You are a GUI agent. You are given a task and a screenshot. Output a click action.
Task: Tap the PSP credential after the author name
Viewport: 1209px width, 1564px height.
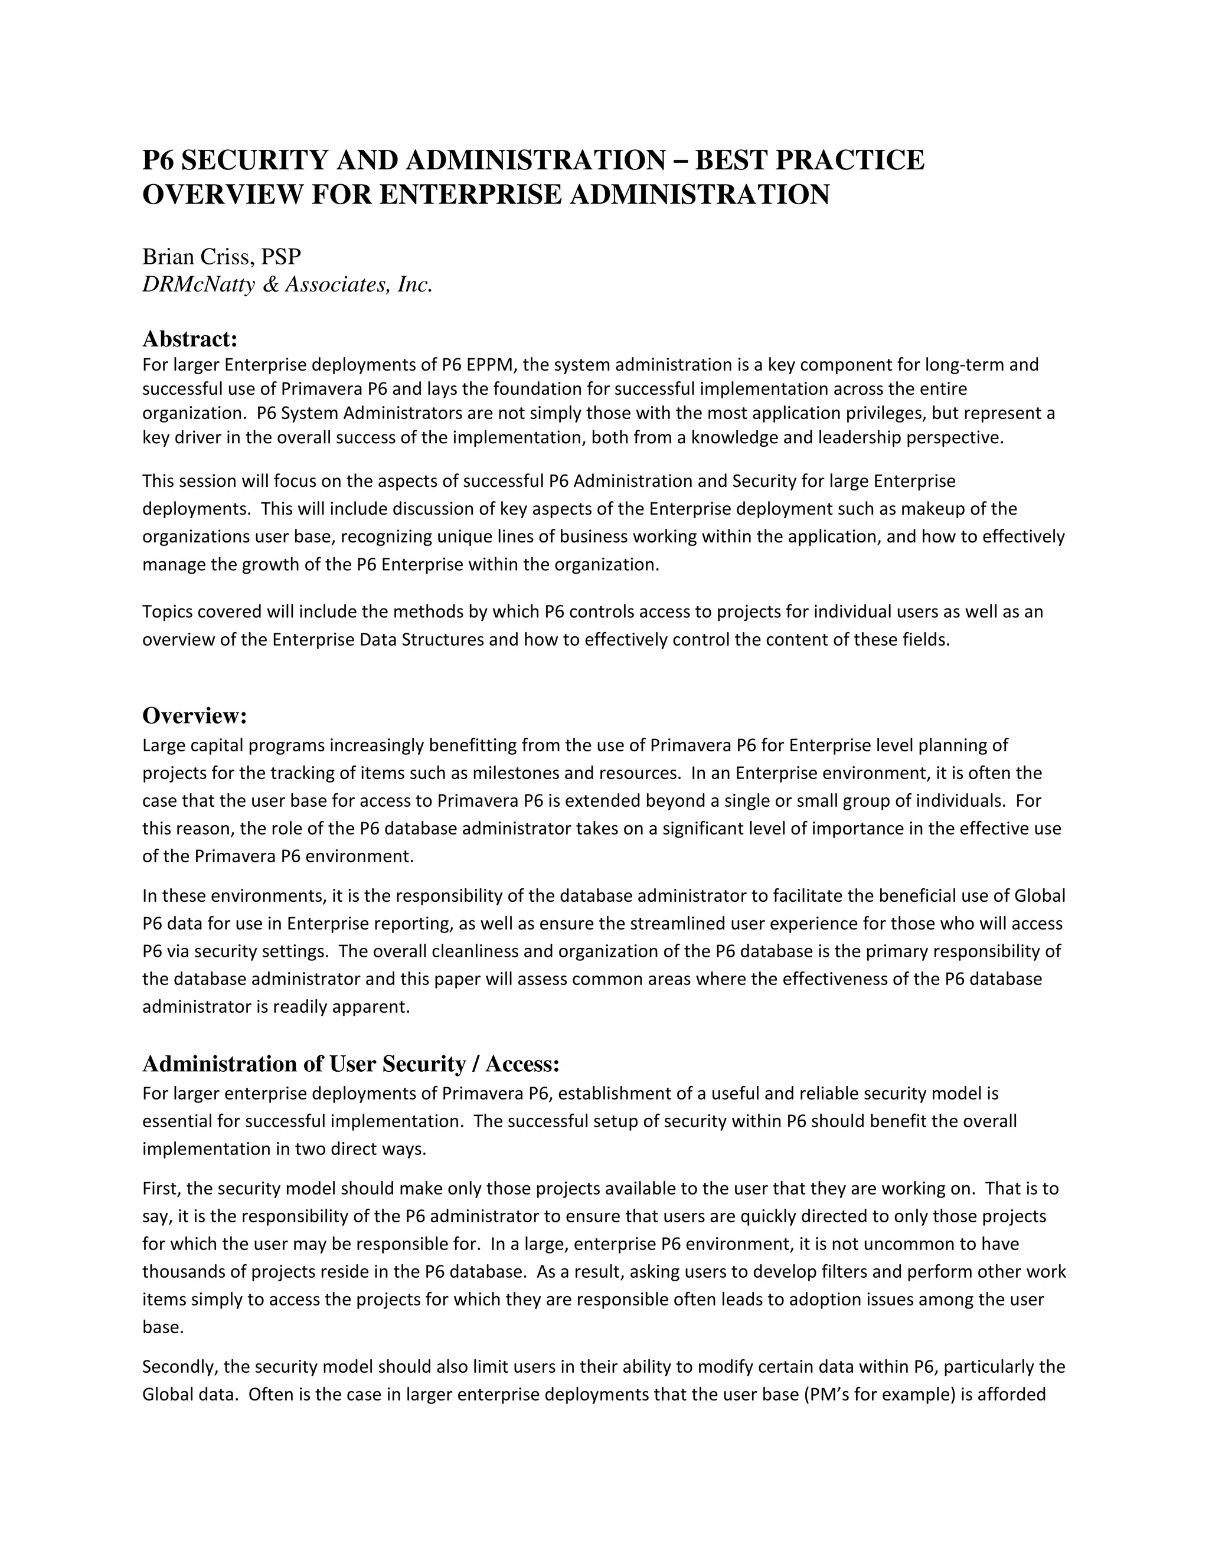[x=281, y=256]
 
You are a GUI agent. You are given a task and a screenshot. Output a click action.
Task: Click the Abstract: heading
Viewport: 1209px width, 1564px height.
[x=190, y=338]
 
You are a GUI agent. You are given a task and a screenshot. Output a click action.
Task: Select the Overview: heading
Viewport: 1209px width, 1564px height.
[x=195, y=715]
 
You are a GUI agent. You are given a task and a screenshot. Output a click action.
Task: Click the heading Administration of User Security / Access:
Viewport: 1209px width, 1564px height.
[x=351, y=1064]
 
